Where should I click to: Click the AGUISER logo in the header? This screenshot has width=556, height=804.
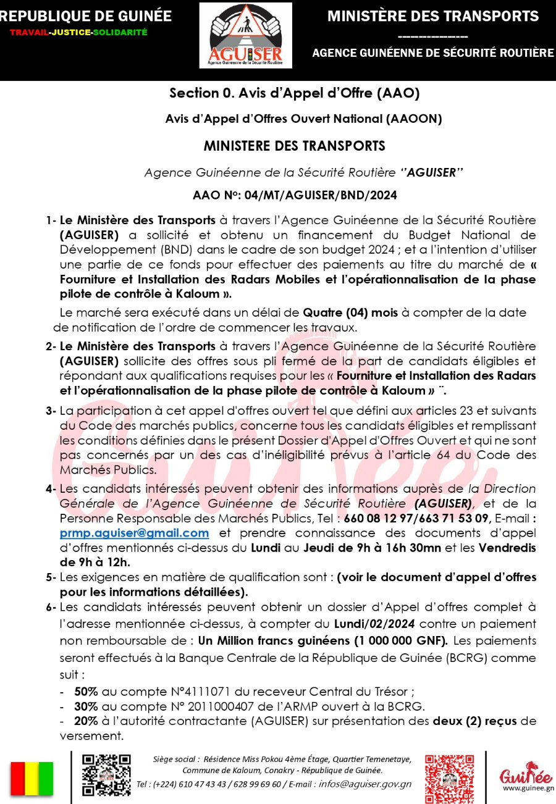(245, 35)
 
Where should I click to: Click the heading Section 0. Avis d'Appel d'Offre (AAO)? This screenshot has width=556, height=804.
(295, 94)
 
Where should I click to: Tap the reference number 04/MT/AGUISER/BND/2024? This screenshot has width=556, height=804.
(321, 195)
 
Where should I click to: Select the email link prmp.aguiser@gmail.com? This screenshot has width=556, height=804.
(134, 533)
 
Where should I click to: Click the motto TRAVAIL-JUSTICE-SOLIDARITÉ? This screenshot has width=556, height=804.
(78, 32)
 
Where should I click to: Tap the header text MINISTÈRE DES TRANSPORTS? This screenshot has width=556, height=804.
(432, 16)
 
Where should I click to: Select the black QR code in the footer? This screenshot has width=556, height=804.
(106, 775)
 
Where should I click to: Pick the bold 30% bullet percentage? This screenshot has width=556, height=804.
(85, 706)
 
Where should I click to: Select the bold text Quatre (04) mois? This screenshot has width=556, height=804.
(350, 313)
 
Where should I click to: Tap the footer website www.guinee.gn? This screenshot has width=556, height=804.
(528, 788)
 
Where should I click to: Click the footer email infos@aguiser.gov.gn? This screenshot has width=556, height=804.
(365, 784)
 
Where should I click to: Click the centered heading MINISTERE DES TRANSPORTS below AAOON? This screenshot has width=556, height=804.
(295, 146)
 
